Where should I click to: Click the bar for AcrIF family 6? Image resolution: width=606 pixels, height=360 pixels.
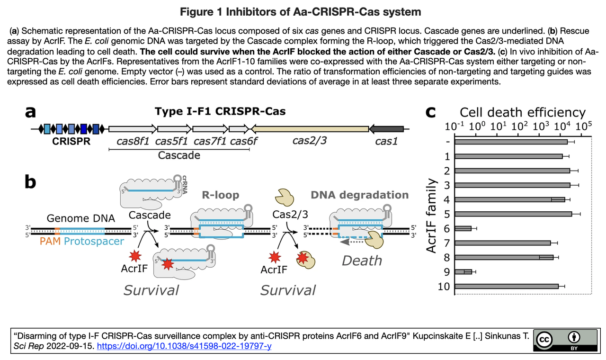click(x=463, y=228)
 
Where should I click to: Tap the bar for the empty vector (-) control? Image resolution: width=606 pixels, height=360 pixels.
click(x=510, y=141)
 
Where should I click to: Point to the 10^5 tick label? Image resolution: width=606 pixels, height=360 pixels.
click(x=583, y=127)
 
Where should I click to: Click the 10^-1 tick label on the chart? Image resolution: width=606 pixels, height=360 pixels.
click(x=454, y=127)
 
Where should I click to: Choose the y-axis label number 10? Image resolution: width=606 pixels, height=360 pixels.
click(x=444, y=287)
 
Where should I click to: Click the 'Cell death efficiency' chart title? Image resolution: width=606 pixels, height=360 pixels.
click(x=523, y=113)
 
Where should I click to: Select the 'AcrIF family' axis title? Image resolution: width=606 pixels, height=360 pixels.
click(x=431, y=216)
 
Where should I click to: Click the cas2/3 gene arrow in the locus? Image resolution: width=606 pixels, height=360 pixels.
click(x=310, y=129)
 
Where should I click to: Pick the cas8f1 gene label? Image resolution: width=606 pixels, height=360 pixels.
click(x=134, y=141)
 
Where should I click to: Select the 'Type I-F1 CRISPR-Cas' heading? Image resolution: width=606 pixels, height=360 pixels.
click(x=220, y=112)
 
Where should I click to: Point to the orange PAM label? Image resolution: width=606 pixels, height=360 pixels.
click(x=50, y=242)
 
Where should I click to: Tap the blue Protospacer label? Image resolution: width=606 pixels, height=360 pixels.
click(x=94, y=242)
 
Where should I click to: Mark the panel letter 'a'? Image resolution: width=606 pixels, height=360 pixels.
click(x=31, y=112)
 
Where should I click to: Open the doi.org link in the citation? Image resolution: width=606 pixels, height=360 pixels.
click(x=184, y=346)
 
